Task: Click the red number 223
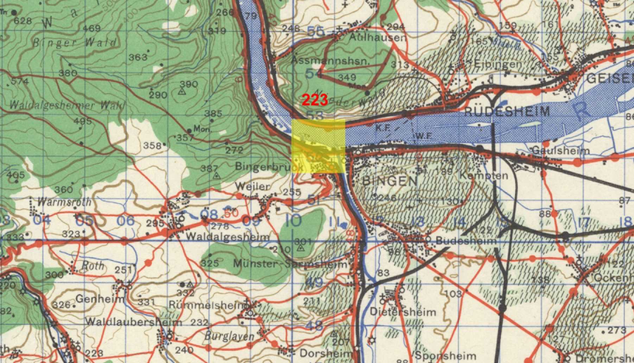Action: point(315,101)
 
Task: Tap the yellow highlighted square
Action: point(318,146)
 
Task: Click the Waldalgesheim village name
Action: point(227,237)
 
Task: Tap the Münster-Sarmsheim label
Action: point(290,263)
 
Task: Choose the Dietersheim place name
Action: point(403,312)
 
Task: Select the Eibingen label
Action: point(497,64)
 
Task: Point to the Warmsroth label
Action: point(64,202)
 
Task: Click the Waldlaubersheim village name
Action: point(134,321)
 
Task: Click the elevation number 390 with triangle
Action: point(189,84)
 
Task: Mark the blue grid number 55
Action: point(316,32)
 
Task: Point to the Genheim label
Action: point(100,299)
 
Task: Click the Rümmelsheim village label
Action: point(207,305)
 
